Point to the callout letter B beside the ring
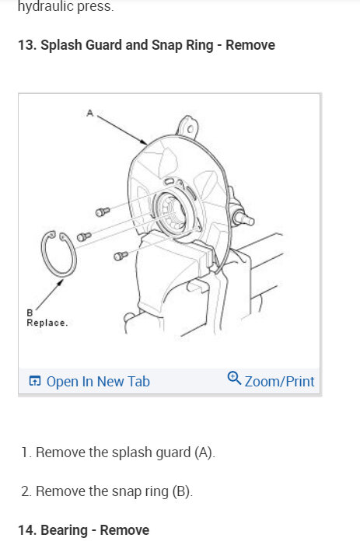tap(30, 313)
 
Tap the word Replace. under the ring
tap(47, 322)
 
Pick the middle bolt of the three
tap(84, 236)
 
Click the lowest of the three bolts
tap(119, 254)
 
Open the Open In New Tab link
tap(98, 381)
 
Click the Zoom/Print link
tap(279, 381)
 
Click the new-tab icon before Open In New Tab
tap(34, 381)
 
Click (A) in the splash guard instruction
tap(204, 452)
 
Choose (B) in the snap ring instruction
tap(180, 491)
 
